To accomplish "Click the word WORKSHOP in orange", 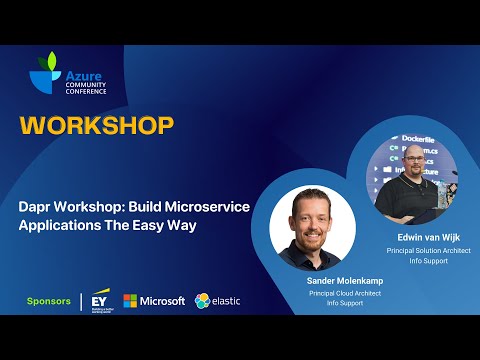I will pos(97,125).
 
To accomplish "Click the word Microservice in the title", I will pos(201,206).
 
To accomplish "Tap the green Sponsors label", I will pos(47,301).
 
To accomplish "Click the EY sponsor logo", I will pos(99,300).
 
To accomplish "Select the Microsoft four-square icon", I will pos(130,301).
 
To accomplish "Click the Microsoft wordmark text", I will pos(162,301).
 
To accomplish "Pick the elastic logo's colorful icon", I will pos(202,301).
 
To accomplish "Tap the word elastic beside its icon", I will pos(225,301).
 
